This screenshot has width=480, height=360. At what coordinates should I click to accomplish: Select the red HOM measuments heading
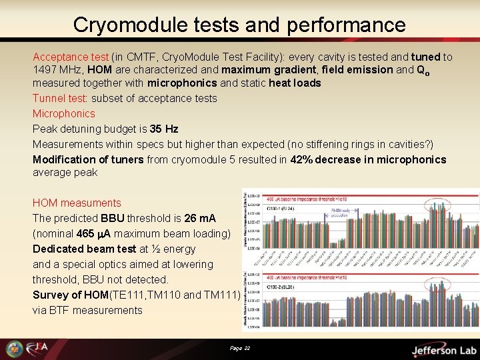coord(77,203)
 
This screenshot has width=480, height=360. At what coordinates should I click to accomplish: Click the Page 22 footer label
coord(239,348)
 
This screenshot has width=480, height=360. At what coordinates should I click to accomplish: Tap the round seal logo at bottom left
coord(14,349)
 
